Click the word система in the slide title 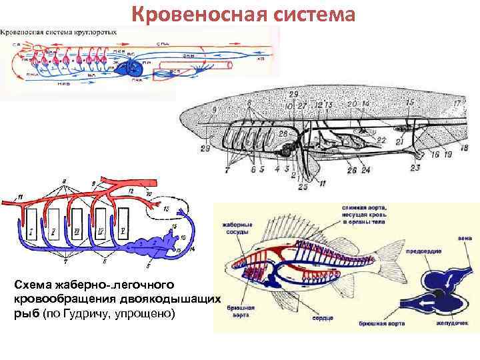[x=315, y=15]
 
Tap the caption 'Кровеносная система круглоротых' [x=60, y=31]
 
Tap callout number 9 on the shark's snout [x=214, y=108]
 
